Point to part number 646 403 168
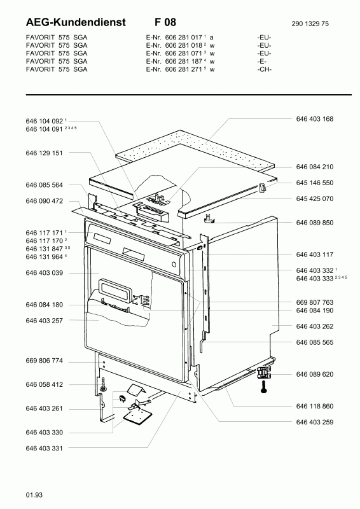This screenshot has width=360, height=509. pos(314,119)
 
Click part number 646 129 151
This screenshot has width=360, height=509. pos(45,153)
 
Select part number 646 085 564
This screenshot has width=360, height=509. pos(45,185)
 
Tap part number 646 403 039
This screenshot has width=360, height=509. pos(45,273)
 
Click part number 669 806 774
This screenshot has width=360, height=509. pos(45,361)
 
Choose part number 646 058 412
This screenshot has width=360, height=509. pos(45,384)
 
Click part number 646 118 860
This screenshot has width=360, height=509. pos(314,406)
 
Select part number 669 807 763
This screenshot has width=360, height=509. pos(314,302)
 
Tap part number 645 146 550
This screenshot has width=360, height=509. pos(314,182)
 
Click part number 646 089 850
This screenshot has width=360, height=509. pos(314,223)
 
